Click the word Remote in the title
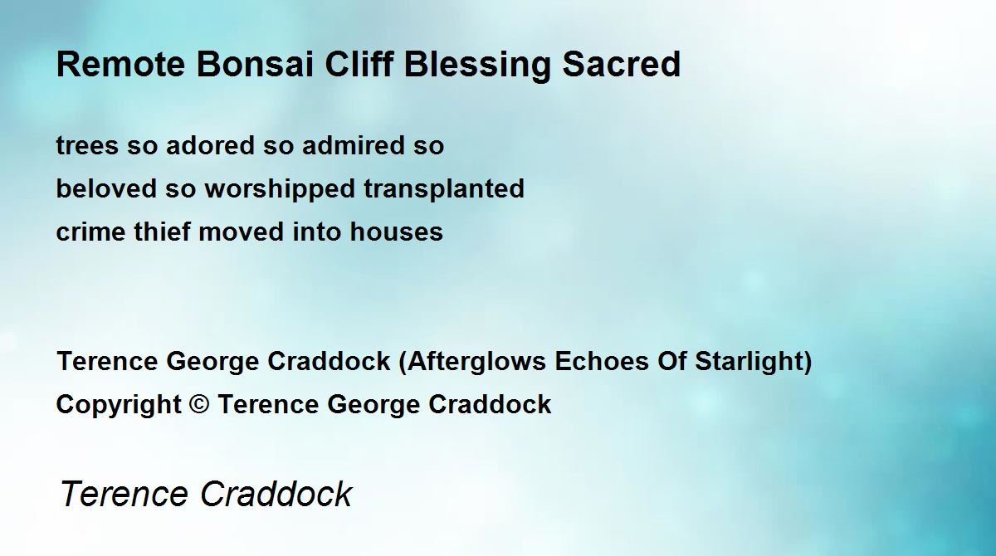click(x=120, y=65)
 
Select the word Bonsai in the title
click(x=255, y=65)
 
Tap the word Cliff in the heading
click(x=359, y=64)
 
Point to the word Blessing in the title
click(x=477, y=66)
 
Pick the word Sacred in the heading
click(x=622, y=65)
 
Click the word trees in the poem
click(x=88, y=146)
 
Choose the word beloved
click(x=106, y=188)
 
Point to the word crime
click(x=90, y=232)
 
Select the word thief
click(x=163, y=231)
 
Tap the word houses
click(x=396, y=232)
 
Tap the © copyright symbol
click(x=199, y=404)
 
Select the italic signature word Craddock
click(x=276, y=493)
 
